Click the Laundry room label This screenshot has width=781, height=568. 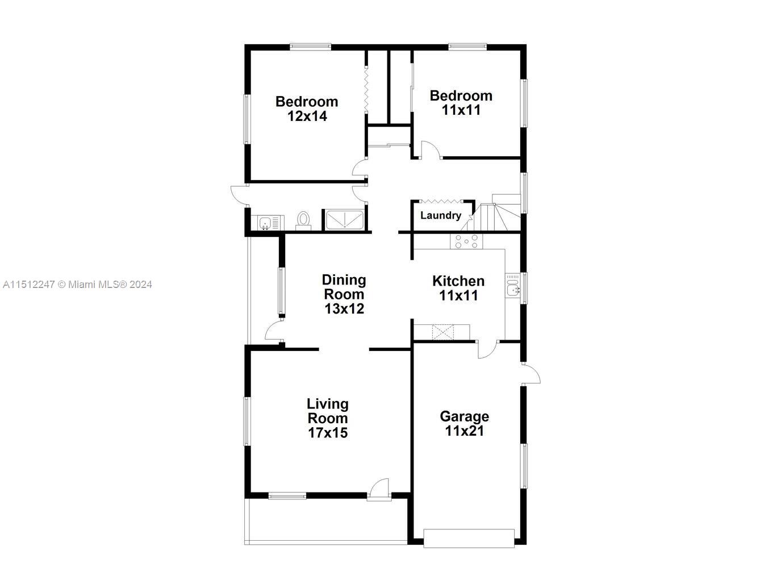[441, 215]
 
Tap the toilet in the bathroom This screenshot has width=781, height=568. [303, 221]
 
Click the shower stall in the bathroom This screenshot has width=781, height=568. [344, 220]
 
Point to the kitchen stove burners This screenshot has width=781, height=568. [466, 241]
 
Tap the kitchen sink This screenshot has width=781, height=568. [512, 286]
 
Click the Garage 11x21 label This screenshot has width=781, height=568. [465, 424]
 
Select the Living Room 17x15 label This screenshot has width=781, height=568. [328, 419]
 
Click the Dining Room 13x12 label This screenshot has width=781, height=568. [344, 294]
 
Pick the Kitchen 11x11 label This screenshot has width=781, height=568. [458, 288]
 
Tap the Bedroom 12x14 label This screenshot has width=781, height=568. [307, 109]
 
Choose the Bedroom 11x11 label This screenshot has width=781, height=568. [461, 103]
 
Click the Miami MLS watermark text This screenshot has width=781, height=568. [77, 285]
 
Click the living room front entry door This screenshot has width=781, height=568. [379, 490]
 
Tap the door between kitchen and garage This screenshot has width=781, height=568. [487, 349]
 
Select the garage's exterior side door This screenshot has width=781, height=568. [531, 373]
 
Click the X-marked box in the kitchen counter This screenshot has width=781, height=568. [443, 332]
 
